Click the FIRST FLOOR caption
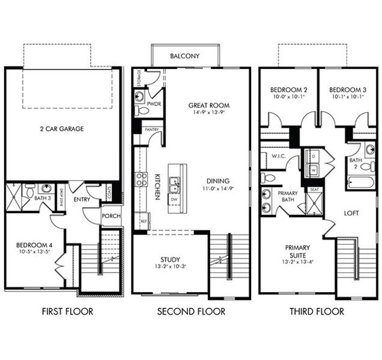coord(67,311)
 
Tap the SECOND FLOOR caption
coord(191,311)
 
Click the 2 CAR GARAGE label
coord(62,128)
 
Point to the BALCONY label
coord(184,56)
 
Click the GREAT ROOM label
coord(208,106)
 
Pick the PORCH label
coord(111,216)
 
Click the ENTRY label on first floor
coord(82,199)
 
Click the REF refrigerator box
coord(143,220)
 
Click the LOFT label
coord(351,212)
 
